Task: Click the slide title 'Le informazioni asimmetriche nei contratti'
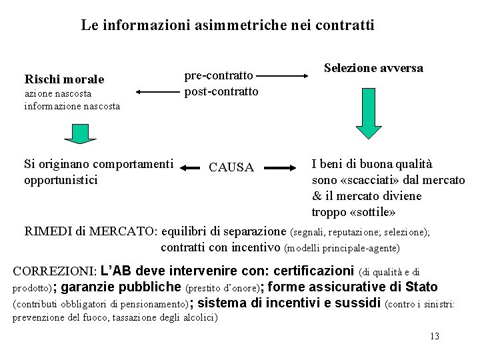tap(227, 25)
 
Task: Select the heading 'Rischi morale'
tap(64, 79)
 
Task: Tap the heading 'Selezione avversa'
tap(373, 68)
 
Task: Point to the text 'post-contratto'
tap(221, 91)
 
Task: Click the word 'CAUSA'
tap(231, 167)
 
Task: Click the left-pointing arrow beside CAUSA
tap(193, 167)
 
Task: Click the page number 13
tap(435, 336)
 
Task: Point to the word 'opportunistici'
tap(61, 180)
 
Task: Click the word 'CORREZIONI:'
tap(55, 271)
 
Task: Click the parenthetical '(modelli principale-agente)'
tap(341, 248)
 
